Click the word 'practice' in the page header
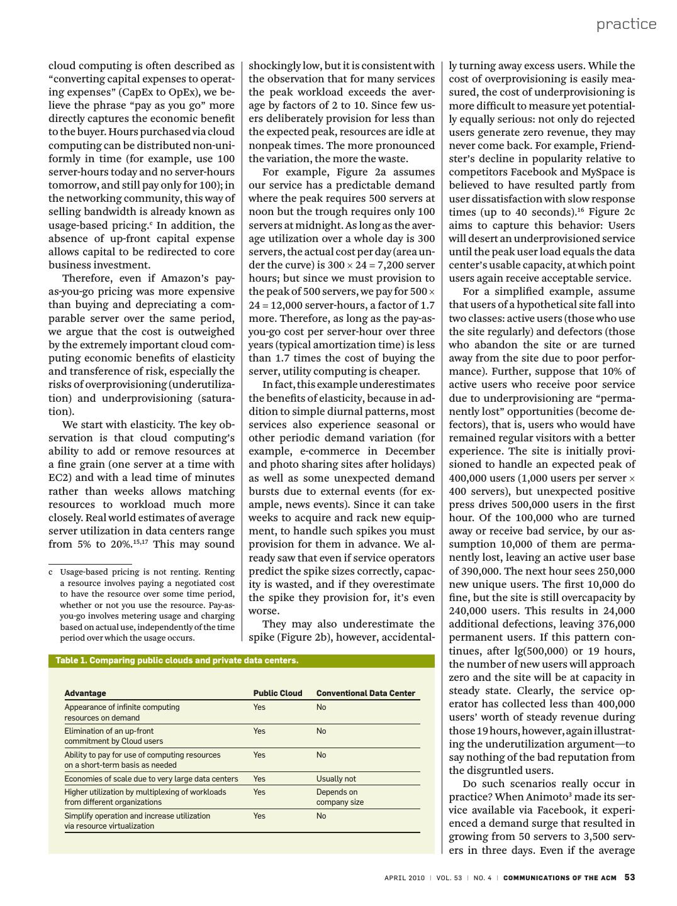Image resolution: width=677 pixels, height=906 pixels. [x=626, y=24]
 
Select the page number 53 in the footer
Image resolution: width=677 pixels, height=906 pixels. [x=629, y=878]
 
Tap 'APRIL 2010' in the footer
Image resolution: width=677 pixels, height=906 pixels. [x=405, y=878]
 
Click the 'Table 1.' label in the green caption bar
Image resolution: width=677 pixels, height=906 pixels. [x=71, y=661]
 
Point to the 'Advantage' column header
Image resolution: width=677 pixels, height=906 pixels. [x=85, y=693]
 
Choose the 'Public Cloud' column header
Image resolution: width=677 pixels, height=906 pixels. [x=277, y=693]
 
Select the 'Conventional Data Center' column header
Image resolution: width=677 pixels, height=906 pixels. [x=366, y=693]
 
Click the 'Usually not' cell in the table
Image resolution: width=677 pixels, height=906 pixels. [x=336, y=779]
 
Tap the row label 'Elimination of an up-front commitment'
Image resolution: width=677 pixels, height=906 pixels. [x=113, y=736]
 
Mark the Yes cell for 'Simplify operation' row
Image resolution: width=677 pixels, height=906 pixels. [x=259, y=816]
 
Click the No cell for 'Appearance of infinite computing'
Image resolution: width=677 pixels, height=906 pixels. [x=322, y=707]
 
